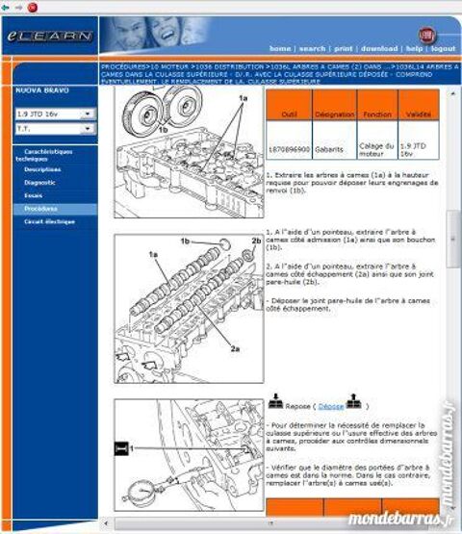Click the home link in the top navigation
[280, 47]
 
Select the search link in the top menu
[312, 47]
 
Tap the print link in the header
[344, 47]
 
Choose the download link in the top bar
[379, 47]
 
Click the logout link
[443, 47]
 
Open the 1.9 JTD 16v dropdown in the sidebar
[55, 114]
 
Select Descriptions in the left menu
[42, 168]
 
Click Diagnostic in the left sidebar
[39, 182]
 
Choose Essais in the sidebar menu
[34, 194]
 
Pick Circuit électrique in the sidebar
[49, 221]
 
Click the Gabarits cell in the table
[334, 149]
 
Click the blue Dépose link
[330, 406]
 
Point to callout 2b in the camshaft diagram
[256, 241]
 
